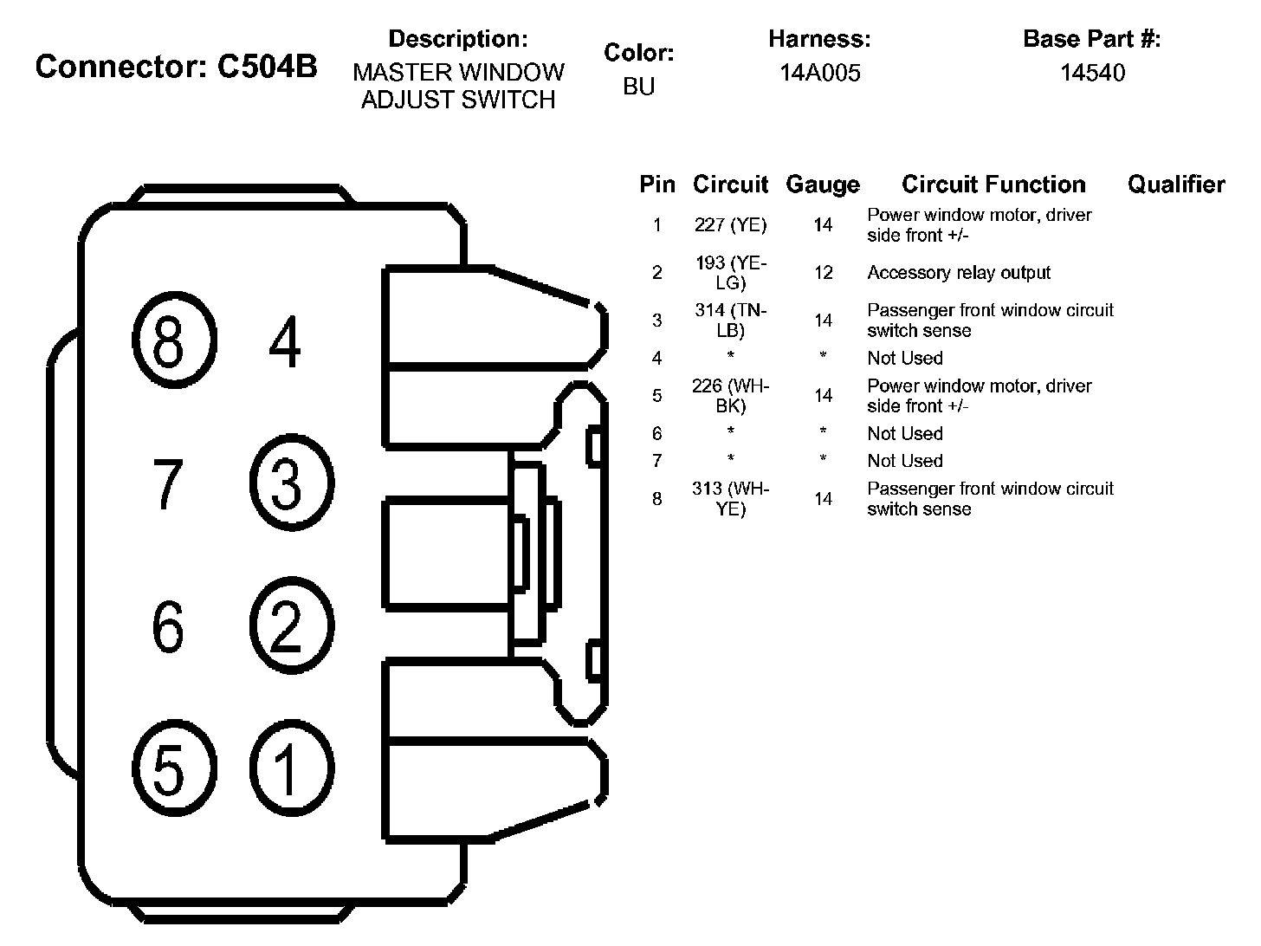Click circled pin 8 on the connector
174,340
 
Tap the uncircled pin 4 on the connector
285,341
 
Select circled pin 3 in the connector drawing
292,483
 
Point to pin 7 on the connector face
168,483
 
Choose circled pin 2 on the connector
292,625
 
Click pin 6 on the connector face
168,626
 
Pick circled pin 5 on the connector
174,768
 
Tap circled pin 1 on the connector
292,768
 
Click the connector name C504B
267,66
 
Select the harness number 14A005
820,73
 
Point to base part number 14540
1092,73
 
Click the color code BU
639,87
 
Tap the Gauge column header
823,185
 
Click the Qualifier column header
1176,185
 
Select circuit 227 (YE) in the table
730,224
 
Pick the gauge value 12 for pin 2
824,272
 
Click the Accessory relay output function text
958,272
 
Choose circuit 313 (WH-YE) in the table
730,499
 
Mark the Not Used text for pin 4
905,358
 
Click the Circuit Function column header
993,185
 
